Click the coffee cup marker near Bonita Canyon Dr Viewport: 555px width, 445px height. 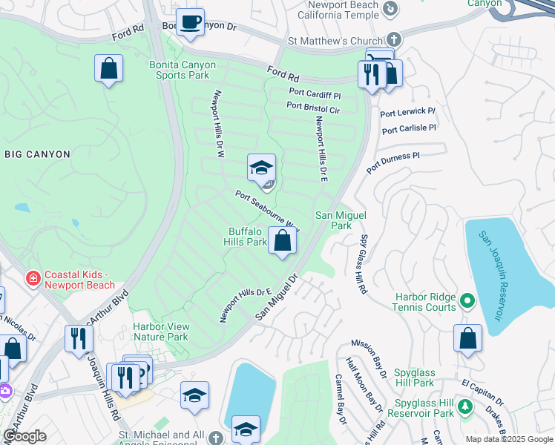(x=191, y=22)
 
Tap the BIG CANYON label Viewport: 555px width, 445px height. (x=37, y=154)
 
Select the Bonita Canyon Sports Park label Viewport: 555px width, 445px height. (x=183, y=70)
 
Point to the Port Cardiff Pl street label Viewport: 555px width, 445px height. (x=314, y=95)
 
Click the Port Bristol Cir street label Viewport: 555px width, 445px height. (x=313, y=108)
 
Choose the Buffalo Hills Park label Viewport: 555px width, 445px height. (x=247, y=237)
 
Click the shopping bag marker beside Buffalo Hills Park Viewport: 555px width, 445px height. (x=282, y=241)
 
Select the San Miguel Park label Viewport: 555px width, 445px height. (x=334, y=220)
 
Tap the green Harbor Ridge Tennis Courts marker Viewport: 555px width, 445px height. (x=467, y=300)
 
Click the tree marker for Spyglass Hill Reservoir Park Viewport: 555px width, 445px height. (x=465, y=406)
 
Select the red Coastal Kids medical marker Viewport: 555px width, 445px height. (x=33, y=280)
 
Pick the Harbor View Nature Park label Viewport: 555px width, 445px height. (x=160, y=332)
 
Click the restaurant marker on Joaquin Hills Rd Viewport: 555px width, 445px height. (x=78, y=338)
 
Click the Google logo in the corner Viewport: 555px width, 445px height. (x=25, y=436)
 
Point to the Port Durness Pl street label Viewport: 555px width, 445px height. (x=393, y=159)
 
